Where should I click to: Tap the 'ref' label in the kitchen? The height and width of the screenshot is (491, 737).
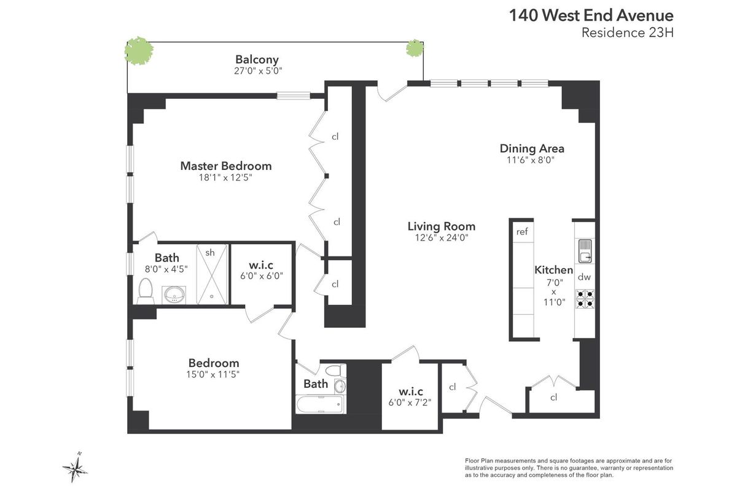pyautogui.click(x=522, y=232)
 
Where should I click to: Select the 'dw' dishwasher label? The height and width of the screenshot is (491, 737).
pyautogui.click(x=584, y=277)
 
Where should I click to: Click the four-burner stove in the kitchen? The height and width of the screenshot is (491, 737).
pyautogui.click(x=584, y=298)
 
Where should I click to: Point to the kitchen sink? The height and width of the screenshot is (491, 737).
pyautogui.click(x=584, y=250)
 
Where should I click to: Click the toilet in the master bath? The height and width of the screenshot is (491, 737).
pyautogui.click(x=146, y=292)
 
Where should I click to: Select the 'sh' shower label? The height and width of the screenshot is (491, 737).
pyautogui.click(x=210, y=252)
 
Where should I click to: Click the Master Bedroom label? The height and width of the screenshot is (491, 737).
pyautogui.click(x=225, y=166)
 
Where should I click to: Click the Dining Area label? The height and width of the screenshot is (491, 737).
pyautogui.click(x=532, y=149)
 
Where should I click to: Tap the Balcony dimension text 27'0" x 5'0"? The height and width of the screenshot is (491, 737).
pyautogui.click(x=257, y=71)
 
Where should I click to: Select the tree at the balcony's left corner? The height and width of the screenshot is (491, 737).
pyautogui.click(x=139, y=50)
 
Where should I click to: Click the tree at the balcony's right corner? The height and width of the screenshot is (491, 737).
pyautogui.click(x=415, y=49)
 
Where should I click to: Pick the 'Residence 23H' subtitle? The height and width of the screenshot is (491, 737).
pyautogui.click(x=628, y=33)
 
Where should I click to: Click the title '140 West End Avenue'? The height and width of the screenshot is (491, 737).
pyautogui.click(x=591, y=15)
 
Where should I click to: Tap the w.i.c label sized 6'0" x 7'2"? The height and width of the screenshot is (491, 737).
pyautogui.click(x=411, y=392)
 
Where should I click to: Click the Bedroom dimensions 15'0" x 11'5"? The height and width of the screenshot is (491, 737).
pyautogui.click(x=214, y=374)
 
